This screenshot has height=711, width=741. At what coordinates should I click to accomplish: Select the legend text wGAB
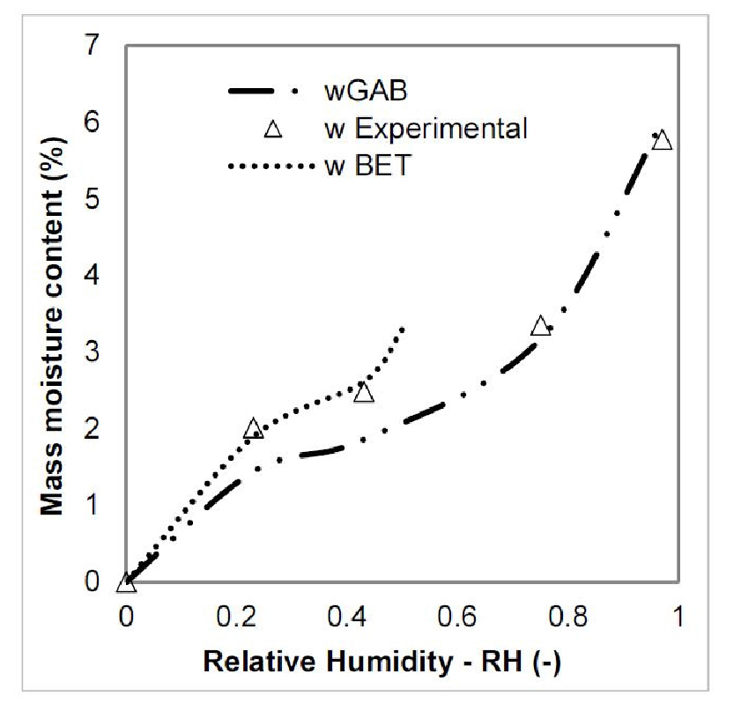pyautogui.click(x=361, y=91)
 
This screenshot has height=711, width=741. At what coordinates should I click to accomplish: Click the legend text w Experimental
pyautogui.click(x=425, y=130)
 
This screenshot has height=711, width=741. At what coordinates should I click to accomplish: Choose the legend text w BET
pyautogui.click(x=367, y=166)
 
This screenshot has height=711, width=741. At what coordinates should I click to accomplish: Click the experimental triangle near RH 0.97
pyautogui.click(x=663, y=141)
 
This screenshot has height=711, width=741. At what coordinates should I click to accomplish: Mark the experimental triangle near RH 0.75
pyautogui.click(x=541, y=326)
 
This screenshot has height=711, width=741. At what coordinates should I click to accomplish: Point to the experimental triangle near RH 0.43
pyautogui.click(x=364, y=393)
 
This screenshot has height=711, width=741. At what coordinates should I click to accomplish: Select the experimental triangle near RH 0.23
pyautogui.click(x=254, y=429)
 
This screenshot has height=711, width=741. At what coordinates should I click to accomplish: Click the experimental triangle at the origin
pyautogui.click(x=127, y=582)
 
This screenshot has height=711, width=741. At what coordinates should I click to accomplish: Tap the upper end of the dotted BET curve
pyautogui.click(x=403, y=329)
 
